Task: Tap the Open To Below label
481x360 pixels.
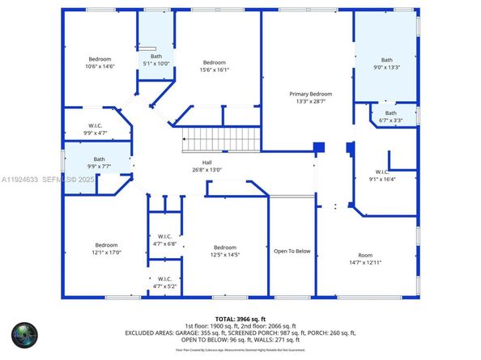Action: coord(292,251)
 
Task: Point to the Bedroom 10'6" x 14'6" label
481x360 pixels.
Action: coord(101,62)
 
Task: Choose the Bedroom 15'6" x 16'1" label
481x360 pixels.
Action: coord(214,66)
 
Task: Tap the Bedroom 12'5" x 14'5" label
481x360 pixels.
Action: coord(224,252)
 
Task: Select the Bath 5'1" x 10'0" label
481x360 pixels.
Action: coord(156,60)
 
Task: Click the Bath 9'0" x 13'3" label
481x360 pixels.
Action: coord(386,64)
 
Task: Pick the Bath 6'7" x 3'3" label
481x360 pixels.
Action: coord(391,116)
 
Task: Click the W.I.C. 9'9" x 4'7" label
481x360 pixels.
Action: coord(95,129)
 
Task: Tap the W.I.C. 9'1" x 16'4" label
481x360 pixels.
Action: coord(383,176)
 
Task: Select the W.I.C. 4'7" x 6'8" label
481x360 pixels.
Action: coord(164,240)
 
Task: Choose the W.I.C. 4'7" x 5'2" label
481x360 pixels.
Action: coord(164,282)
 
